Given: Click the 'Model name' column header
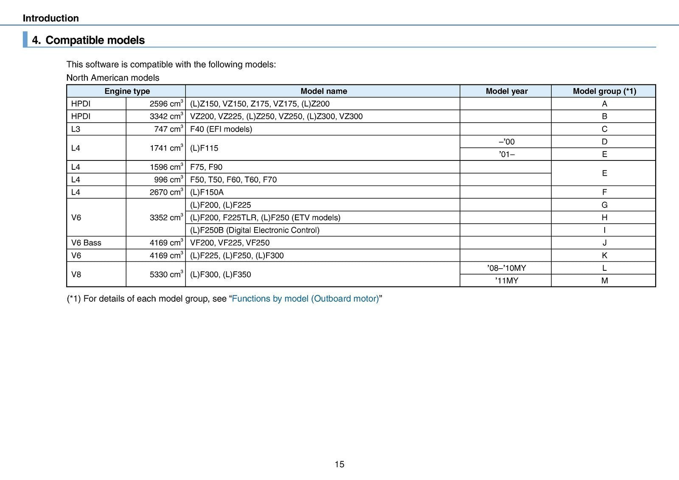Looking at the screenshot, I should click(x=323, y=91).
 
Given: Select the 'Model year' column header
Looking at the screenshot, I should click(x=506, y=91).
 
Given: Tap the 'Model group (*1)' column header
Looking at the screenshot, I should click(x=604, y=91).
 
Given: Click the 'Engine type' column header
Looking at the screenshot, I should click(x=127, y=91).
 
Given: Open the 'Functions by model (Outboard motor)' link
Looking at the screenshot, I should click(x=306, y=299).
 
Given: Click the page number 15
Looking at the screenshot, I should click(x=339, y=464).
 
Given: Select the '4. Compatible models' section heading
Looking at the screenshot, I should click(x=88, y=40).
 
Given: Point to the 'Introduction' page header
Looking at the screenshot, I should click(x=51, y=18).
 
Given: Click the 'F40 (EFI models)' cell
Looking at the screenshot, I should click(x=221, y=129).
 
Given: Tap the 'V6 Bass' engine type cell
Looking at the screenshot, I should click(x=86, y=243).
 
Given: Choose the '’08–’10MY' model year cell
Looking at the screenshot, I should click(x=506, y=268).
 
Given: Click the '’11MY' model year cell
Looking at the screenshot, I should click(x=506, y=281).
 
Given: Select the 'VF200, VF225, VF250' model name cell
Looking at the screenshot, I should click(x=230, y=243).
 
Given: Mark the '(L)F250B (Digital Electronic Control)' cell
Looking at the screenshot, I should click(x=255, y=230).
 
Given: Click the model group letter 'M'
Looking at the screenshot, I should click(x=604, y=281).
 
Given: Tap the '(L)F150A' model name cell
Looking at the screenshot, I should click(x=207, y=192).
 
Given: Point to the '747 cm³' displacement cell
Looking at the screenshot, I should click(x=168, y=129).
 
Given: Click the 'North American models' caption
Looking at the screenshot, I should click(x=113, y=78).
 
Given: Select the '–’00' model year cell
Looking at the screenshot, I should click(x=506, y=142).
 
